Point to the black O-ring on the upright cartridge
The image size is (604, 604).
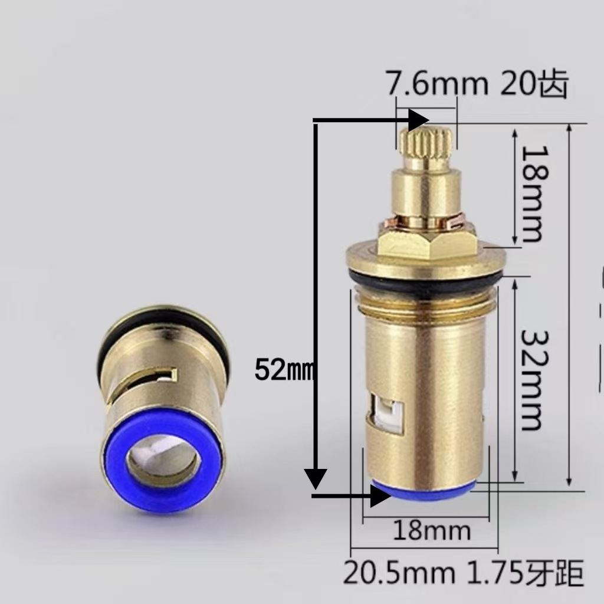(425, 286)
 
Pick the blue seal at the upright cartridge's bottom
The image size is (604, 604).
(425, 491)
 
